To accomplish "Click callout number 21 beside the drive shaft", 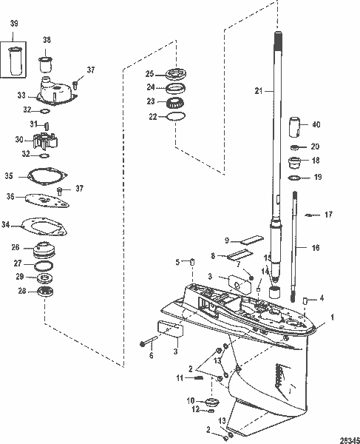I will (x=258, y=90).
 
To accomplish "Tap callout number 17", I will (x=329, y=215).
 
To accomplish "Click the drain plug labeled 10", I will (x=210, y=402).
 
